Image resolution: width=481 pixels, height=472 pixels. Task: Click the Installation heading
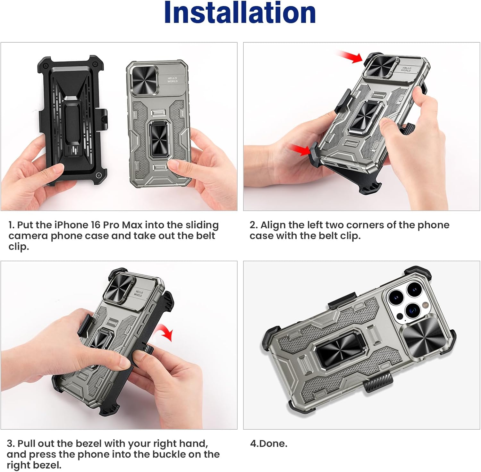(240, 13)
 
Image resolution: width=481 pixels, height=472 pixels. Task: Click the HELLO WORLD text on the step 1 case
(172, 80)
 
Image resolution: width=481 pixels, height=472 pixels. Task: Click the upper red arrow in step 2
(350, 57)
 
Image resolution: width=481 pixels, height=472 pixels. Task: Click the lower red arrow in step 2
(301, 149)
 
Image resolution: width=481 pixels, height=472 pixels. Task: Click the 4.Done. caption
(269, 444)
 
